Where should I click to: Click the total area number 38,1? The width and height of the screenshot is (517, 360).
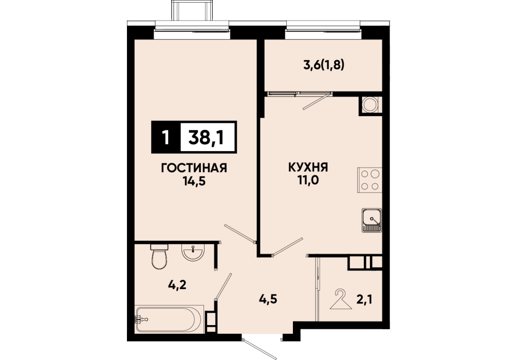[206, 137]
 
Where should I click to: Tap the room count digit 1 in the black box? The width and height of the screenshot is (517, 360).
[166, 137]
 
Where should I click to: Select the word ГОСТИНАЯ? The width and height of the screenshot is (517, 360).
[194, 168]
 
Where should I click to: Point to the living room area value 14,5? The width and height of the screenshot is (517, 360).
[194, 182]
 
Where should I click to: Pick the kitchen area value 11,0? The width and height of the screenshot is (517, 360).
[309, 181]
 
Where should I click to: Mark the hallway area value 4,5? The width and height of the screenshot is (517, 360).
[268, 300]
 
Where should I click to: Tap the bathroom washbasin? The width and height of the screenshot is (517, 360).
[193, 253]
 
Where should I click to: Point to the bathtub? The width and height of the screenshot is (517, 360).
[168, 319]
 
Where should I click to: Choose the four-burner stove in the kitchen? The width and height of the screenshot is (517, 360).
[370, 180]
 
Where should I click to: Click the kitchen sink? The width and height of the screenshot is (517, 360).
[372, 220]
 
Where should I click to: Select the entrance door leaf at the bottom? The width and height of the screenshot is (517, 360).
[258, 348]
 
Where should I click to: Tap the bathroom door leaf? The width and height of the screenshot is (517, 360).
[223, 286]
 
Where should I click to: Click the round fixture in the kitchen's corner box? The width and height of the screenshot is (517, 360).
[370, 105]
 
